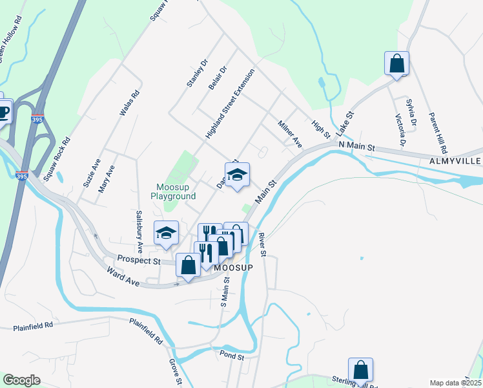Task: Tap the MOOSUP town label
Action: [232, 266]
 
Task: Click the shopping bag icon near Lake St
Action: [396, 64]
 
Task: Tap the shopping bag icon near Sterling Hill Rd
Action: [361, 370]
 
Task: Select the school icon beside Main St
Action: [237, 175]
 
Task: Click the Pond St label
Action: [231, 356]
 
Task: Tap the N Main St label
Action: [357, 147]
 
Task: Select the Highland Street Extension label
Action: [231, 103]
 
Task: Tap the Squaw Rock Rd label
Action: [56, 158]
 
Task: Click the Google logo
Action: [21, 380]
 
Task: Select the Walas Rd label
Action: [130, 103]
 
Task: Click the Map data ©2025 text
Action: [455, 383]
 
